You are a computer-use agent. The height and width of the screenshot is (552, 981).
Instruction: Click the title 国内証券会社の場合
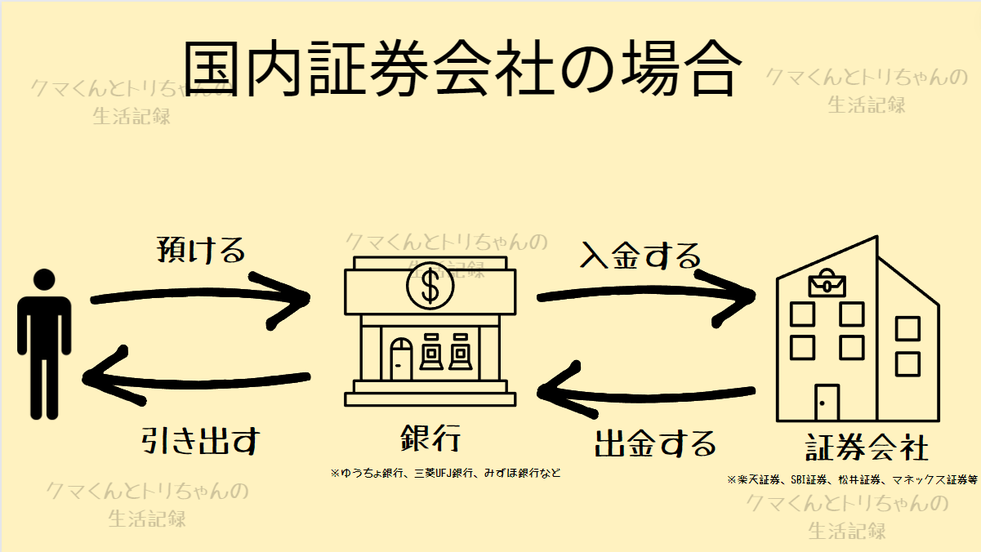coord(462,69)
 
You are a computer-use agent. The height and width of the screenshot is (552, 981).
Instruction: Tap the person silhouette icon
coord(44,344)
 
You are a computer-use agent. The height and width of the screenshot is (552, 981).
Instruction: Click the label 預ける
coord(201,250)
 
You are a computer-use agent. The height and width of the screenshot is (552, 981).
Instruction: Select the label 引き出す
coord(201,440)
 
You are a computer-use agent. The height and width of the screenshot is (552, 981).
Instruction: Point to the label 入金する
coord(640,256)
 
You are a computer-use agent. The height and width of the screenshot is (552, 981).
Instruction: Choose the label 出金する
coord(655,444)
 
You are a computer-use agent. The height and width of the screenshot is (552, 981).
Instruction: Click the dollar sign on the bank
coord(430,286)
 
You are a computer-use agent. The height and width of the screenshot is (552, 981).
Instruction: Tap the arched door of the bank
coord(401,358)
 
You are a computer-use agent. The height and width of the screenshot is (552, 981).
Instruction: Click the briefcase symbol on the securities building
coord(827,283)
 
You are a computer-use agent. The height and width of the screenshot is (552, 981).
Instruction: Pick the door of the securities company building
coord(827,403)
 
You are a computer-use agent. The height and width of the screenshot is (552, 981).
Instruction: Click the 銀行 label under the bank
coord(430,438)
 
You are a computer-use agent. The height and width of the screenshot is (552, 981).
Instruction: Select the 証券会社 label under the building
coord(867,447)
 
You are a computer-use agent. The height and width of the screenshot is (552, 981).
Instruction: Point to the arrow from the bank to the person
coord(197,381)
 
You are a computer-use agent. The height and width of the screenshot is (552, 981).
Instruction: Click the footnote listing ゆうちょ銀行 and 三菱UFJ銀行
coord(445,474)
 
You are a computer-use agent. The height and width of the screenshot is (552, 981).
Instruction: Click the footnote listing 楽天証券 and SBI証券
coord(852,480)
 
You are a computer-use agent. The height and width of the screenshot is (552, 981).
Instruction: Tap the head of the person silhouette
coord(44,279)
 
